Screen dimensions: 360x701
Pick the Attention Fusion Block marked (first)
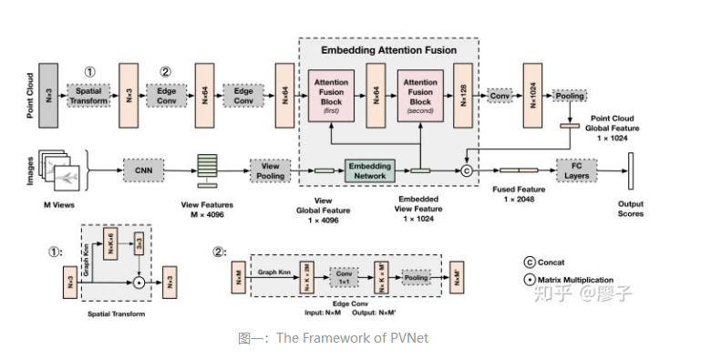(x=331, y=95)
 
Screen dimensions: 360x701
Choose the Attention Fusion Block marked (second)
(x=419, y=95)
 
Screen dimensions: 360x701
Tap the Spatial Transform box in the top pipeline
(x=89, y=95)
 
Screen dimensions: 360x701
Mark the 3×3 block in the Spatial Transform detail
(x=139, y=245)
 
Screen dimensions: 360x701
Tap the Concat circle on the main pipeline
(x=468, y=170)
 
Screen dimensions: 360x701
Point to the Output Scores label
(x=630, y=209)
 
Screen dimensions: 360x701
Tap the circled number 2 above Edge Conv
(x=165, y=71)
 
